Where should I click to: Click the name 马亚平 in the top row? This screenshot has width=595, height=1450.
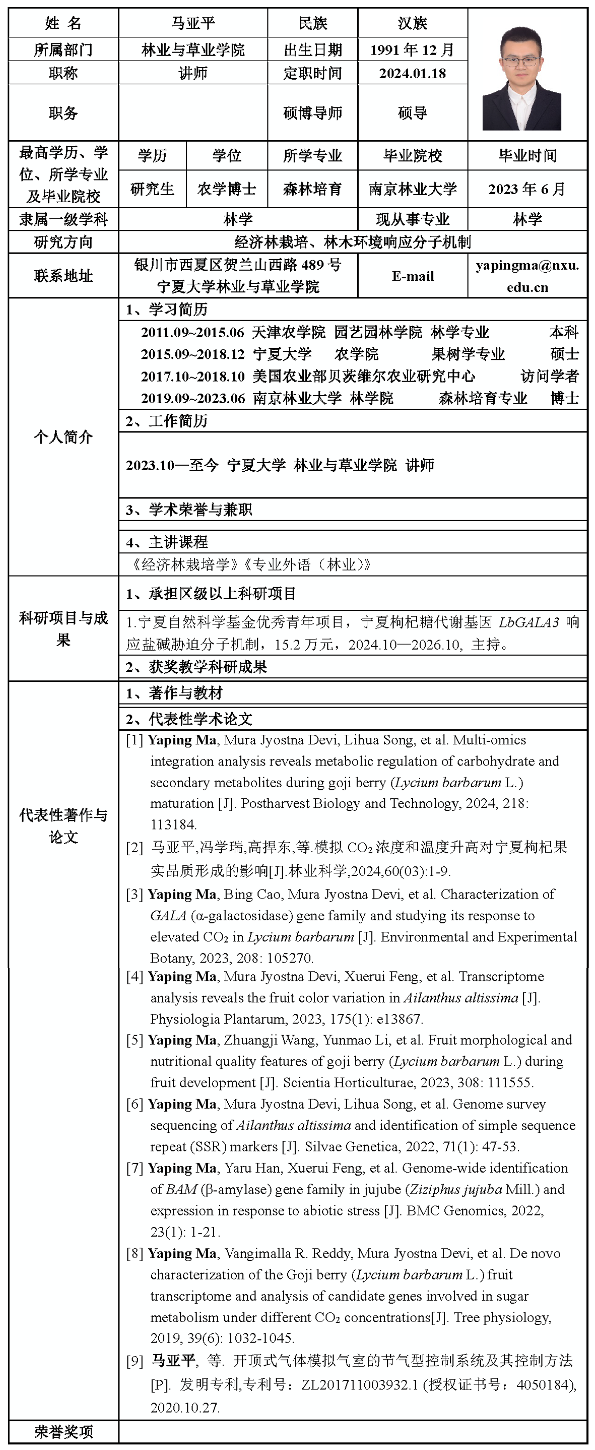point(192,23)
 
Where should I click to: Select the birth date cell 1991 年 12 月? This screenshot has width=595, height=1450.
point(412,49)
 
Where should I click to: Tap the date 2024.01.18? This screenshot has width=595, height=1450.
point(412,73)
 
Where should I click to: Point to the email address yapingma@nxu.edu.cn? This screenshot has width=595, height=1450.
point(527,276)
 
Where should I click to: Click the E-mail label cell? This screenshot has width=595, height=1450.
point(413,276)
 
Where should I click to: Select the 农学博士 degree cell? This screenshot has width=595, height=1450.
point(226,189)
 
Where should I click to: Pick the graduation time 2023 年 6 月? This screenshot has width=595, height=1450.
point(527,189)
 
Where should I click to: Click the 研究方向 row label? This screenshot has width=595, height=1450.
point(63,242)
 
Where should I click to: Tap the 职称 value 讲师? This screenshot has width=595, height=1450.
point(192,73)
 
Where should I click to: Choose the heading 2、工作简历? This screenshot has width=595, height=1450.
point(167,421)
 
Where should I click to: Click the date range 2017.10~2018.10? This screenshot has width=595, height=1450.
point(192,376)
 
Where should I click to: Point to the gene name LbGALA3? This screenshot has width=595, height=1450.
point(528,622)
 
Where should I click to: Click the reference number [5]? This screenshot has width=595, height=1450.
point(135,1040)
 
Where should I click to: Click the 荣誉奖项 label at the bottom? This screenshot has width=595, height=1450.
point(63,1431)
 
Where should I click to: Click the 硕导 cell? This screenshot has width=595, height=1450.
point(412,113)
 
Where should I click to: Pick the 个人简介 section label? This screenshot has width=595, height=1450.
point(63,437)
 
